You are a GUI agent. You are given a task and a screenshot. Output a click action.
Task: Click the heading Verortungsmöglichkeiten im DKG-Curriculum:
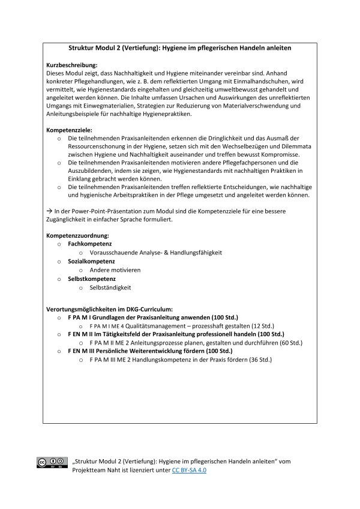(110, 308)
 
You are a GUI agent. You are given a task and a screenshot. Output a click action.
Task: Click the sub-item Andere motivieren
(115, 270)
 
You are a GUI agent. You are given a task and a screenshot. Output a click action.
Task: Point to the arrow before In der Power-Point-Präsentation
(50, 211)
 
